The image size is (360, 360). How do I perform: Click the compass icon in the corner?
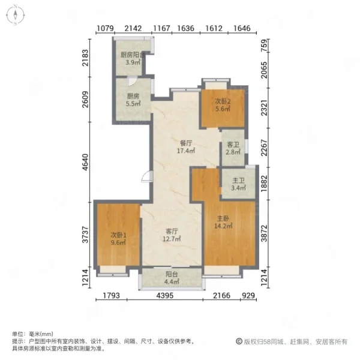(16, 15)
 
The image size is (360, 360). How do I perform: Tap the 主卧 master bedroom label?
(223, 218)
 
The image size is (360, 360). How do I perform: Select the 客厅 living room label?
(172, 231)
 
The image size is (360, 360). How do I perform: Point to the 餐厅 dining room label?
(186, 143)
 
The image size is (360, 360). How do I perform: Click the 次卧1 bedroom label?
(118, 235)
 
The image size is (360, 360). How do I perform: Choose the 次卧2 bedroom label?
(223, 101)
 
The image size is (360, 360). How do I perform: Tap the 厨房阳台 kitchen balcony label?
(133, 55)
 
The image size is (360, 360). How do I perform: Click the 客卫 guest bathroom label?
(233, 145)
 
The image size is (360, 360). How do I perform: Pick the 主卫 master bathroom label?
(238, 181)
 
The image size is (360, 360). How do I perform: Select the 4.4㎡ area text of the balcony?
(172, 281)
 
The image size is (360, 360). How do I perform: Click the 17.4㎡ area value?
(186, 151)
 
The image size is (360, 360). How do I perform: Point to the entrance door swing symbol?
(147, 176)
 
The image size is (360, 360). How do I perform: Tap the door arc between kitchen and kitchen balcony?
(133, 81)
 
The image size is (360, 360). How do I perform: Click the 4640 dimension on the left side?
(85, 163)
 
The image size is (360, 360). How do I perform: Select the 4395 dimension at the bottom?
(165, 295)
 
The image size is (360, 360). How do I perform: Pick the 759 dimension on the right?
(265, 46)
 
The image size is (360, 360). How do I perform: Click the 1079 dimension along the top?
(106, 28)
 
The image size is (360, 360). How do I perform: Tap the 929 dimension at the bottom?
(248, 295)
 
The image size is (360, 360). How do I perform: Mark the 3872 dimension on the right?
(265, 233)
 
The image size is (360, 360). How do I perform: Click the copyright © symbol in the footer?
(239, 341)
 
